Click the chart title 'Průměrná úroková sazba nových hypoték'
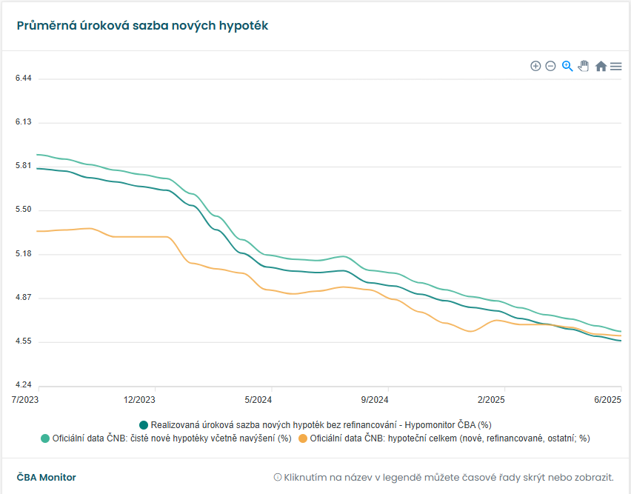tap(142, 26)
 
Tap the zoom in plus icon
tap(535, 66)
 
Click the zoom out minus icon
tap(550, 66)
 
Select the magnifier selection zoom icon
tap(567, 66)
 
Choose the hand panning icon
tap(584, 66)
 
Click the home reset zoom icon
tap(601, 66)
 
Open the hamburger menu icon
tap(615, 66)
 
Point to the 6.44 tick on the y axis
tap(23, 79)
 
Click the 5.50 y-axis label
tap(23, 210)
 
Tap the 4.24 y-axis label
tap(23, 385)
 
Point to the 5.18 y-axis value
tap(23, 254)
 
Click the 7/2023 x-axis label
tap(25, 400)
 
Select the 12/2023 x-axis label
tap(139, 400)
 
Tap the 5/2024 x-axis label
tap(258, 400)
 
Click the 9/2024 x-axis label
tap(375, 400)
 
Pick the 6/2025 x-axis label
tap(607, 400)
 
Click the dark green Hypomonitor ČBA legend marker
tap(144, 425)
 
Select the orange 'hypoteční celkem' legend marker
tap(302, 438)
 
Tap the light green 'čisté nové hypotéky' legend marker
tap(44, 438)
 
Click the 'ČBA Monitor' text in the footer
tap(46, 478)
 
